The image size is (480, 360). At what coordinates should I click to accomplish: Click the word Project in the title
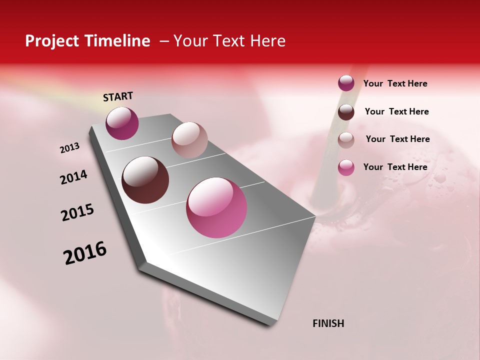(52, 41)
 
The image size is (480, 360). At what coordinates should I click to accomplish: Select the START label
(118, 96)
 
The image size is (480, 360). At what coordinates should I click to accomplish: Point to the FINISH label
(328, 323)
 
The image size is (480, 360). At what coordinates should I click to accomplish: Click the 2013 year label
(70, 148)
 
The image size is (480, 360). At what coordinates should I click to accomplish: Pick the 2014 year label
(74, 177)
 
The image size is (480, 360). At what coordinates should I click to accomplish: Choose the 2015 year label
(77, 212)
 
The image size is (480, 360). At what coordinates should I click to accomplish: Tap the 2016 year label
(85, 252)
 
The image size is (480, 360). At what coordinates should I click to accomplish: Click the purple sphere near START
(122, 123)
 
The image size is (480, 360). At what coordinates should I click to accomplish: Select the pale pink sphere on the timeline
(189, 139)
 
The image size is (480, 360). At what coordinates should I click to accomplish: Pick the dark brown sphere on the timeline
(145, 180)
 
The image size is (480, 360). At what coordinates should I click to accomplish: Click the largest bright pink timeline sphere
(216, 207)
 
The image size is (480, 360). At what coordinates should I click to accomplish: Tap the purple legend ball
(346, 83)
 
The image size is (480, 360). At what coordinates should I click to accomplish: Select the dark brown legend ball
(346, 112)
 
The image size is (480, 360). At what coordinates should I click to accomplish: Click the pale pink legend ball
(346, 140)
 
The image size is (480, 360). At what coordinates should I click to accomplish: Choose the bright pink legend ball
(346, 167)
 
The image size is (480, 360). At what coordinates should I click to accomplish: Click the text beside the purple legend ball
(395, 83)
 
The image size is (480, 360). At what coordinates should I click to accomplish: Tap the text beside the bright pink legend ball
(395, 167)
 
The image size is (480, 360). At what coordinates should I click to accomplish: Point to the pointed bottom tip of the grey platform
(272, 323)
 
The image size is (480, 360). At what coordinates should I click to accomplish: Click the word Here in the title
(267, 41)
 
